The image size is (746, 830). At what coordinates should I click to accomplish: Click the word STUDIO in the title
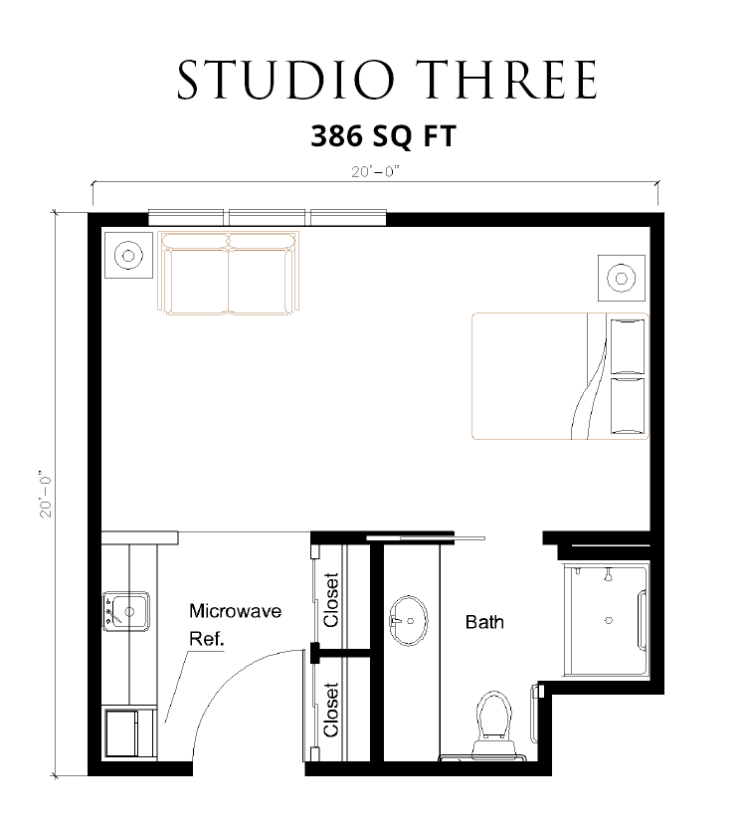[285, 80]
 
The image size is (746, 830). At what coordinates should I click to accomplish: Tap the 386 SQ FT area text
[383, 135]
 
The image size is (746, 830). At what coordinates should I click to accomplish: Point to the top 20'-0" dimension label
[375, 171]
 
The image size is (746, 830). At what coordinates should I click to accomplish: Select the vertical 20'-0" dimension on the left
[46, 494]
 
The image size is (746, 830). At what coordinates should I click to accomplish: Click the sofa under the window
[229, 273]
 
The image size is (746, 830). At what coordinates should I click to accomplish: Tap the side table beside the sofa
[128, 255]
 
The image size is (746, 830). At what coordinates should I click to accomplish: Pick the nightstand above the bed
[621, 278]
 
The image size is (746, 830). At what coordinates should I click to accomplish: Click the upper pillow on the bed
[628, 346]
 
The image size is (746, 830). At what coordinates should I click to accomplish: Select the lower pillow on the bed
[628, 405]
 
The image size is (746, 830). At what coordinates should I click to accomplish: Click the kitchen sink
[126, 611]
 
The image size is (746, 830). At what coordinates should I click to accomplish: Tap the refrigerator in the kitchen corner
[129, 733]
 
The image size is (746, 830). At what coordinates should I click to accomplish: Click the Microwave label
[236, 611]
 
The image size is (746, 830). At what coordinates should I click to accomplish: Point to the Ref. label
[207, 639]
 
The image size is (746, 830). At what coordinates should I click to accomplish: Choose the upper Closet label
[330, 600]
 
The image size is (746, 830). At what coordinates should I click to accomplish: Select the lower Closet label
[330, 710]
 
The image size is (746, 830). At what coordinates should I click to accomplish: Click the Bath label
[484, 622]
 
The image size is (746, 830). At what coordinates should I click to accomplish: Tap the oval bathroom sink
[409, 620]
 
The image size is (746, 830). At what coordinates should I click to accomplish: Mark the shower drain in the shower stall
[609, 620]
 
